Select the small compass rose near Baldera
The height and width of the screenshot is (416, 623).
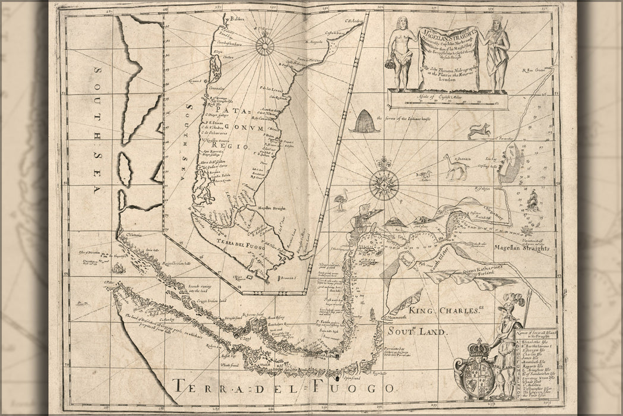[x=264, y=44]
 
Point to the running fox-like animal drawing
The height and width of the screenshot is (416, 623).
[x=479, y=130]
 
